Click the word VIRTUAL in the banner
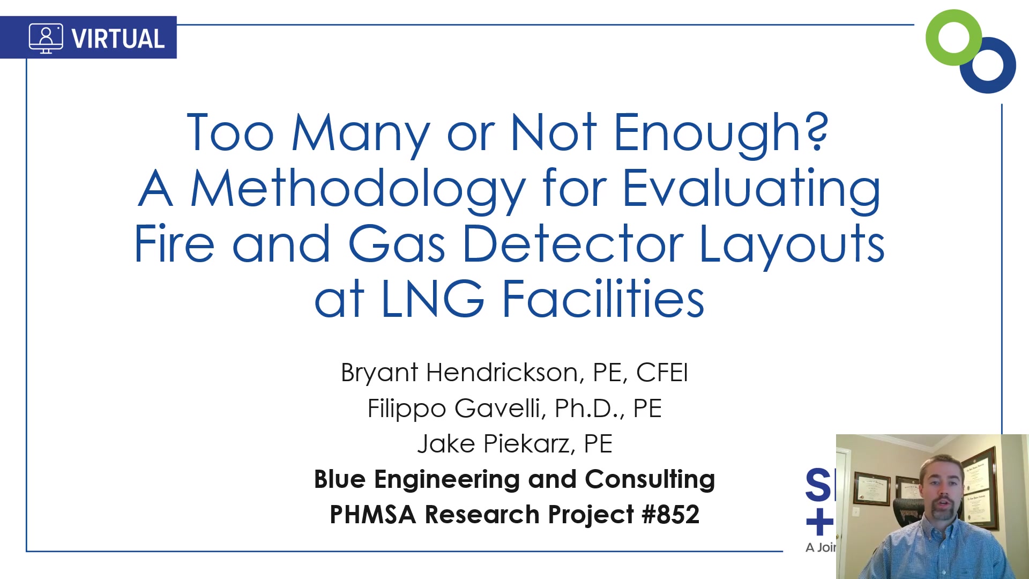118,39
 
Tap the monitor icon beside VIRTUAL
46,38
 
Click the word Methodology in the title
358,189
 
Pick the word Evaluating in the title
751,189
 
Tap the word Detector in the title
573,244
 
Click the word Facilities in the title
603,298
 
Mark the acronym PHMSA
373,515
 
